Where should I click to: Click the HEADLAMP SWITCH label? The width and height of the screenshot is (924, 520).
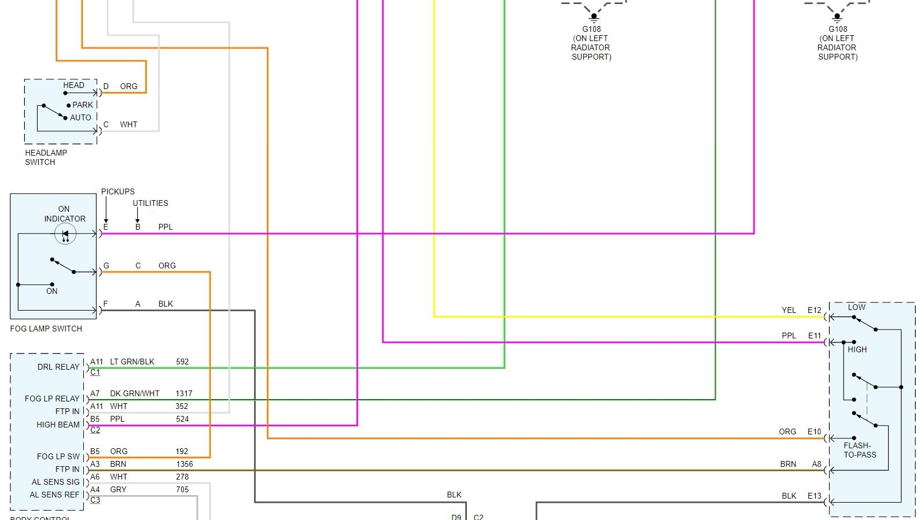(46, 157)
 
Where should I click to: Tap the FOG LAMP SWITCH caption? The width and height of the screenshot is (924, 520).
(46, 329)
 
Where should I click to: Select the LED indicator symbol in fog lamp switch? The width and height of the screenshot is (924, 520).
(65, 234)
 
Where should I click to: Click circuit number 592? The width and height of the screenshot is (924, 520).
(182, 362)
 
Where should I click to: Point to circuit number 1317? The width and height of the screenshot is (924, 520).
(184, 393)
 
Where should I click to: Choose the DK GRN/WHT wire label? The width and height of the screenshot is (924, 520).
(134, 393)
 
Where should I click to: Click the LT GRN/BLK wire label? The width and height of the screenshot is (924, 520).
(132, 362)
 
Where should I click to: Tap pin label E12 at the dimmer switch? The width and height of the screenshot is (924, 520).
(814, 310)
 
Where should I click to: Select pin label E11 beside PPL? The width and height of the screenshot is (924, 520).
(814, 335)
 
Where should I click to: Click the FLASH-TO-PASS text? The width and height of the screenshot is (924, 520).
(859, 450)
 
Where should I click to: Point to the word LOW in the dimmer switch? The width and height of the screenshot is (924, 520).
(856, 307)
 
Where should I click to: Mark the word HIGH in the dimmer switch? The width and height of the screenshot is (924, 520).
(857, 349)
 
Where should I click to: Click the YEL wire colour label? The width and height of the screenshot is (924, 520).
(789, 310)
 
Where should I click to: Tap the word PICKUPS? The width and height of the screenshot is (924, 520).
(117, 191)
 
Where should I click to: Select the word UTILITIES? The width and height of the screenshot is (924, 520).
(150, 203)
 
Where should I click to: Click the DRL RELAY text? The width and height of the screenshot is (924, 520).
(58, 367)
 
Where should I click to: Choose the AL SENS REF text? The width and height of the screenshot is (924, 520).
(54, 495)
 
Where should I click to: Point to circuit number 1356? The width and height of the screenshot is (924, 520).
(185, 464)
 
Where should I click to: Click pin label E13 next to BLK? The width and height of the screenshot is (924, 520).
(814, 496)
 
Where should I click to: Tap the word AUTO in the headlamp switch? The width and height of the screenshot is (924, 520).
(80, 117)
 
